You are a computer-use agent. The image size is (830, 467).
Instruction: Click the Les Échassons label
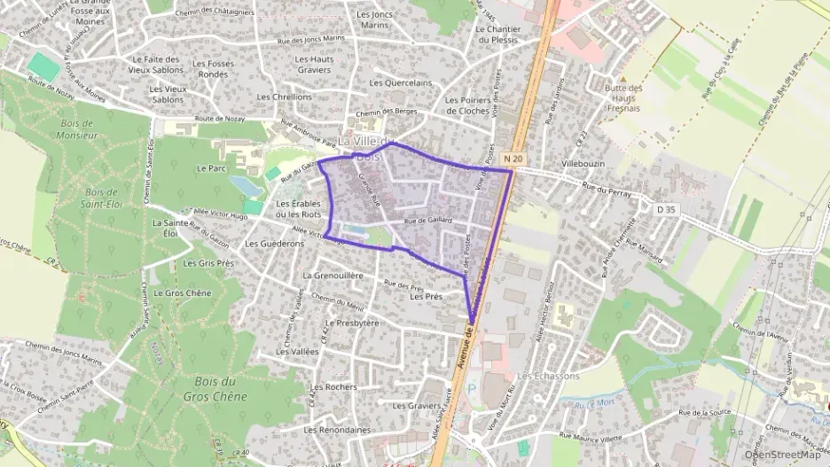[548, 376]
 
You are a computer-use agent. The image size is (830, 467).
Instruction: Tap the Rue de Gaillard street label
[428, 221]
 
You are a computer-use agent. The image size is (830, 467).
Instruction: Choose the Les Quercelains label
[401, 82]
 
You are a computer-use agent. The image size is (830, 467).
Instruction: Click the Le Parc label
[212, 167]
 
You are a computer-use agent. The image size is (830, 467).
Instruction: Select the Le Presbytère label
[348, 323]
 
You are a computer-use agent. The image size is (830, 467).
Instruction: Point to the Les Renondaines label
[337, 430]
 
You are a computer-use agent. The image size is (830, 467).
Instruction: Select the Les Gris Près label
[207, 263]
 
